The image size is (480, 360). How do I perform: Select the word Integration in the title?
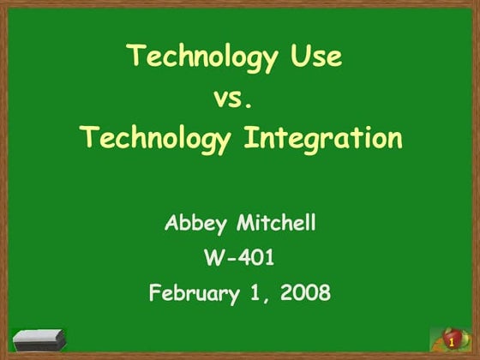tap(324, 137)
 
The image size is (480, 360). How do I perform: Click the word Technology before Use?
tap(202, 57)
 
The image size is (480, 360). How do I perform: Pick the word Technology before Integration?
tap(155, 137)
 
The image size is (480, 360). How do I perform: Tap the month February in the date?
tap(193, 293)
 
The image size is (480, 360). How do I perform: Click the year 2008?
tap(305, 292)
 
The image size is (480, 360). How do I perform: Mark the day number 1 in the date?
tap(255, 292)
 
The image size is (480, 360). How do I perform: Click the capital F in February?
tap(155, 292)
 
